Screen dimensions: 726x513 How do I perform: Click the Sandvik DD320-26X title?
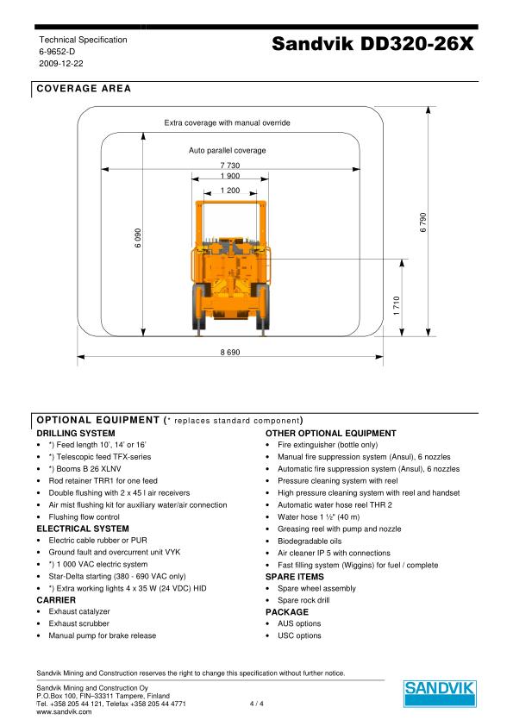(x=372, y=46)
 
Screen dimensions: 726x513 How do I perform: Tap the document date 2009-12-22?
(x=59, y=64)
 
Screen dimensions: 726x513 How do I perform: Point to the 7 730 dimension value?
(x=229, y=165)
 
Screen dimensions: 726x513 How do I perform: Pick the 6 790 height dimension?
(x=423, y=222)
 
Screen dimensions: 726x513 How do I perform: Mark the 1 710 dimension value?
(x=396, y=305)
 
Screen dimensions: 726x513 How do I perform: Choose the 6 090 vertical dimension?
(x=136, y=239)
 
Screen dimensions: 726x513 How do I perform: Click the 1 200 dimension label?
(x=229, y=190)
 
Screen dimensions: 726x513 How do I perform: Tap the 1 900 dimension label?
(x=229, y=176)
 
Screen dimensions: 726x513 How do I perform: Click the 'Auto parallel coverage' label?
(x=228, y=150)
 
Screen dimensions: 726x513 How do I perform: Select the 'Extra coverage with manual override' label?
(x=228, y=122)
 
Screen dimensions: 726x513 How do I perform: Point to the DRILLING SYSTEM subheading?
(x=76, y=433)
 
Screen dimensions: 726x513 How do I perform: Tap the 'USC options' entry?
(x=299, y=635)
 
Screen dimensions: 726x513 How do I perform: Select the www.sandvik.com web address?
(x=64, y=712)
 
